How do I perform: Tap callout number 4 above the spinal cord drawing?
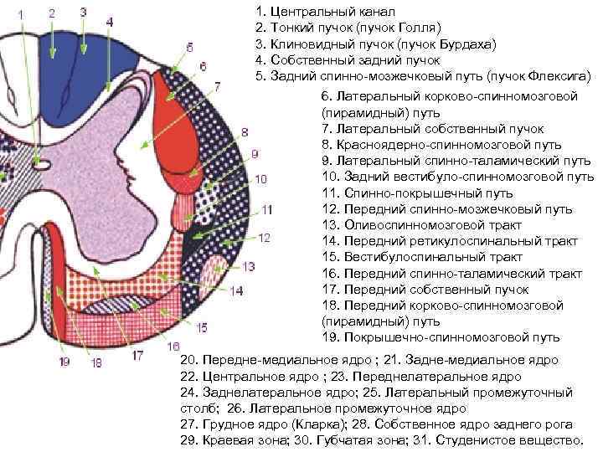111,19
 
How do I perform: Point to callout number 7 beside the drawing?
217,86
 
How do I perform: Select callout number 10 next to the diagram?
260,179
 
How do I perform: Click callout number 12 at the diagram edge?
264,238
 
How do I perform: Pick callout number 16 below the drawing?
173,346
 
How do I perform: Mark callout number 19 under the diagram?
65,362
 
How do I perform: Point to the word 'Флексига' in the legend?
559,76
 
